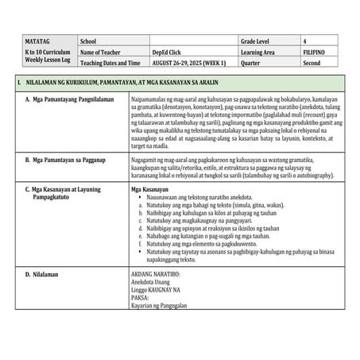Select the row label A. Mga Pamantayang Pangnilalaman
click(70, 99)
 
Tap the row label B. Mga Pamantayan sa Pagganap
click(68, 160)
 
